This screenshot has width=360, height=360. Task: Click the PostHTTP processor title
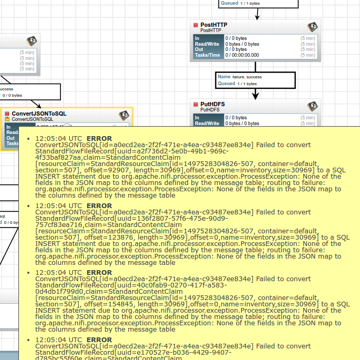pyautogui.click(x=214, y=25)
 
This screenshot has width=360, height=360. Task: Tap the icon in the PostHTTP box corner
pyautogui.click(x=312, y=27)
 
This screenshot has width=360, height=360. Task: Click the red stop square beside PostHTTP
pyautogui.click(x=196, y=25)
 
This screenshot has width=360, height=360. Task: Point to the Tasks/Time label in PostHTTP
pyautogui.click(x=207, y=55)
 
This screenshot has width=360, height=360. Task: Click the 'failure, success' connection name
pyautogui.click(x=247, y=77)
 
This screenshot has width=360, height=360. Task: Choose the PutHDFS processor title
pyautogui.click(x=212, y=104)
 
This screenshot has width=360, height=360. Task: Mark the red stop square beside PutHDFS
pyautogui.click(x=196, y=105)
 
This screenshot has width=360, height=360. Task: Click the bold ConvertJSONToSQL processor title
pyautogui.click(x=39, y=113)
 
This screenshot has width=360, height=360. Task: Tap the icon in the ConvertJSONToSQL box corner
pyautogui.click(x=124, y=116)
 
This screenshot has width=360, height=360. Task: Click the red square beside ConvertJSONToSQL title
pyautogui.click(x=7, y=114)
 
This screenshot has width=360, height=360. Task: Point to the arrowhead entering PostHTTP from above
pyautogui.click(x=257, y=17)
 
